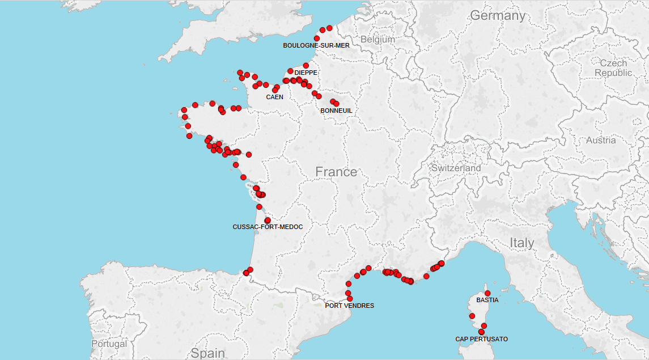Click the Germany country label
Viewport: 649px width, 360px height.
tap(497, 16)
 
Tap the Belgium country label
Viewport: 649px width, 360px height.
tap(377, 40)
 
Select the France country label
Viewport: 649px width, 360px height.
tap(336, 172)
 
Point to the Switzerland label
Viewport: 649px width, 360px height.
tap(456, 168)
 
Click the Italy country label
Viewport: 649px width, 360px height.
tap(521, 243)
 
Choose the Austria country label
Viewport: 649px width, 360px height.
tap(600, 141)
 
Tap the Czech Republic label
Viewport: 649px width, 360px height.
tap(613, 68)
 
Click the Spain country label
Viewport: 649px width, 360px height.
tap(207, 353)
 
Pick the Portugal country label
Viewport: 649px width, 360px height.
tap(109, 344)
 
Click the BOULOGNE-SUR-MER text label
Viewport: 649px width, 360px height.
tap(316, 45)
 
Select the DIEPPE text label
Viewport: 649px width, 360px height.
tap(306, 73)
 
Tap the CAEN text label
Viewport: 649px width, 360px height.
tap(275, 97)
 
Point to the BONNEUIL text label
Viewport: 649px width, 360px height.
tap(336, 111)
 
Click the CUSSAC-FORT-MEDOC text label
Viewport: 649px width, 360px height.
tap(268, 227)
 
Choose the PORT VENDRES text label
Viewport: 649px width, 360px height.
tap(349, 306)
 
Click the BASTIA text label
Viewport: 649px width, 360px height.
tap(487, 300)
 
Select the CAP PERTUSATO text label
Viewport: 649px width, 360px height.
tap(481, 339)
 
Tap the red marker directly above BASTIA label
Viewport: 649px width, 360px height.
tap(487, 293)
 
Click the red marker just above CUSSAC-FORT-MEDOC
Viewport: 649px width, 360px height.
tap(268, 220)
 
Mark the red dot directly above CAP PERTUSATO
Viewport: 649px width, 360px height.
tap(481, 332)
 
